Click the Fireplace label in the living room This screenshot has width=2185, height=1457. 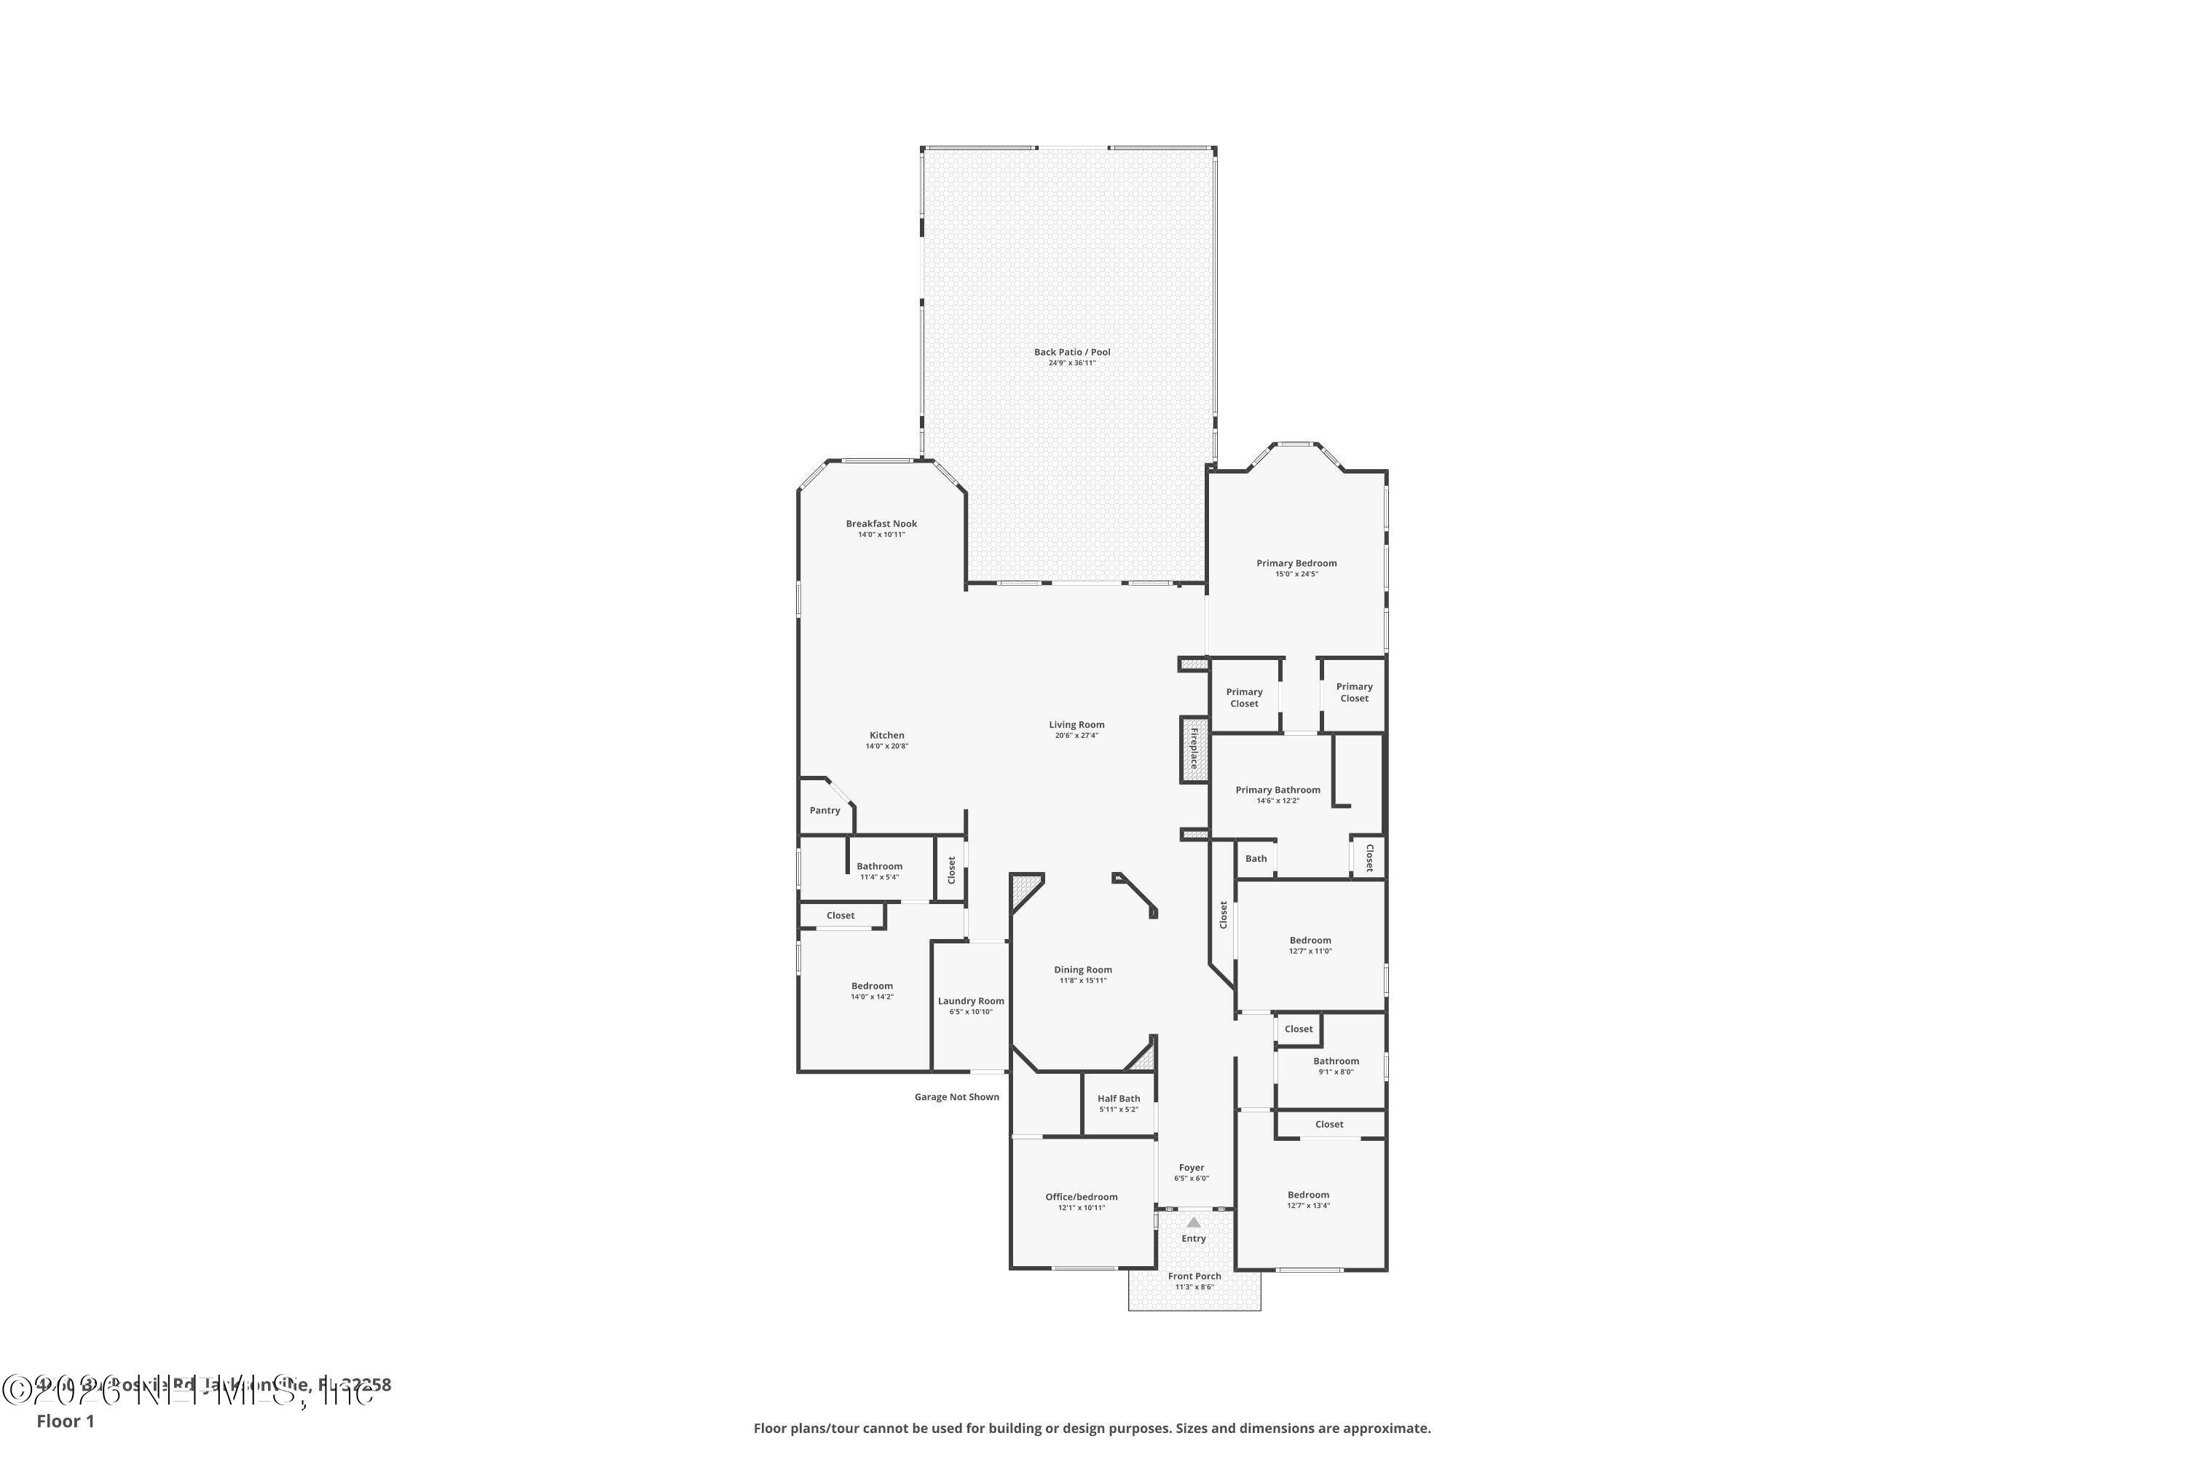(x=1194, y=749)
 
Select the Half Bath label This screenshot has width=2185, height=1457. (x=1119, y=1099)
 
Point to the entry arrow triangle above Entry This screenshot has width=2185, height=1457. (x=1194, y=1223)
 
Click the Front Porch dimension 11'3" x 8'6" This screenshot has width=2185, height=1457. (x=1194, y=1287)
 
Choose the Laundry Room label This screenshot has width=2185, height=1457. (x=971, y=1001)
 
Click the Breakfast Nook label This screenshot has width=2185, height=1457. (x=881, y=524)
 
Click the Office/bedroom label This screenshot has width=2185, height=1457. (x=1082, y=1197)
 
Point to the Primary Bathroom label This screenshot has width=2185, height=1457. (x=1277, y=790)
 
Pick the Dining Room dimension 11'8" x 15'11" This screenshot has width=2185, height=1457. (x=1082, y=981)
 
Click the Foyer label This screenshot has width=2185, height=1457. (x=1191, y=1168)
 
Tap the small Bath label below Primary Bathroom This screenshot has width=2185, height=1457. (x=1256, y=859)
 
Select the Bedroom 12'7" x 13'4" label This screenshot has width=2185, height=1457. (x=1308, y=1195)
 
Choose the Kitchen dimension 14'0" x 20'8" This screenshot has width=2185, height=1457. (x=886, y=746)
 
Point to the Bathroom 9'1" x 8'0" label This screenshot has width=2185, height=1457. (x=1336, y=1061)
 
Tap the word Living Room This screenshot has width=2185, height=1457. (x=1076, y=725)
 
